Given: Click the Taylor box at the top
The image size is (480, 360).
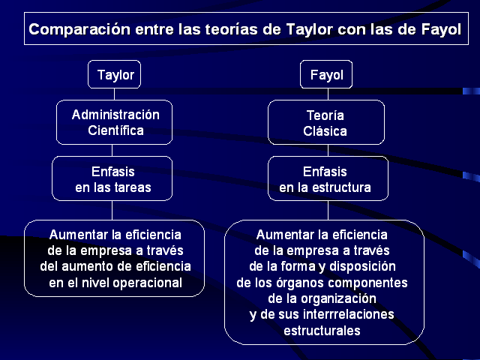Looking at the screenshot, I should coord(115,75).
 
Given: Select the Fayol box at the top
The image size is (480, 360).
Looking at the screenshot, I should coord(326,75).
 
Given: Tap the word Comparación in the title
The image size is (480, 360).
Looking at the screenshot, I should coord(72,31).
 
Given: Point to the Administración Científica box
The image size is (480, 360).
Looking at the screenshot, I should coord(115,122).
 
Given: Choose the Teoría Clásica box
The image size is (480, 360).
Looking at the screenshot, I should coord(325,122).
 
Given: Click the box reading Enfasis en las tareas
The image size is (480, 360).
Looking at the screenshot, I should coord(112,179).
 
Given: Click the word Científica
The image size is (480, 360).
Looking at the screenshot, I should coord(115,130).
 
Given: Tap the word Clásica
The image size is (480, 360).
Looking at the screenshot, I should coord(325,130).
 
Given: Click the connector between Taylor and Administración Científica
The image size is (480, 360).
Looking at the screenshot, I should coord(115,93).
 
